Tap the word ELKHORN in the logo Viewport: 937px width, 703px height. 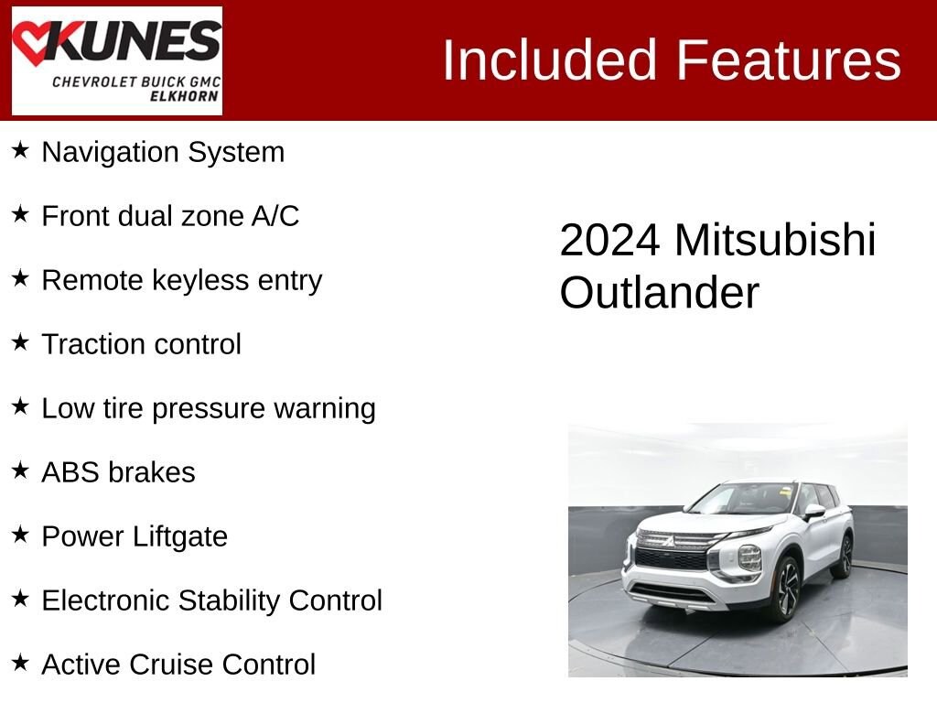184,95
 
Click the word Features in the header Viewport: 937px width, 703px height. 788,59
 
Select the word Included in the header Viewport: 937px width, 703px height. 550,59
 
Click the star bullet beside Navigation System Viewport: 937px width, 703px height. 20,150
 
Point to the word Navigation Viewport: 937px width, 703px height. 110,153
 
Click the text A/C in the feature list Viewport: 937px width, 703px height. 275,216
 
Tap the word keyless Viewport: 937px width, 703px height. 200,280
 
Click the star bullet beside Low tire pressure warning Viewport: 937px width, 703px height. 20,406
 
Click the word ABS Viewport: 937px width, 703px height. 70,472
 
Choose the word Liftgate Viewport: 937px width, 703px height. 180,536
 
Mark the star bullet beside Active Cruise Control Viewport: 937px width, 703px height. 20,663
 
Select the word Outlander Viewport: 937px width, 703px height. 659,293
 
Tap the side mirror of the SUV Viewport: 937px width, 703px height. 813,512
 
